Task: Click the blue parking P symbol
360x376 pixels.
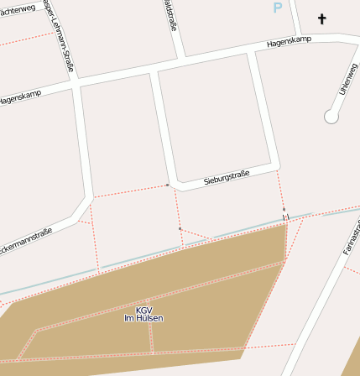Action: [278, 8]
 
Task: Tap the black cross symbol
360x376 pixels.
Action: [321, 18]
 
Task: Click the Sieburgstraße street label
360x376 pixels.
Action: [227, 178]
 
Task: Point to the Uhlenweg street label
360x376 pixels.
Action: [347, 79]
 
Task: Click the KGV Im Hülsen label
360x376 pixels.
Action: [143, 314]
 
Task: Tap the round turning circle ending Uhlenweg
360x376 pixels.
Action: [331, 117]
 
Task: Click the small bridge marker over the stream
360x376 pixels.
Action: [285, 218]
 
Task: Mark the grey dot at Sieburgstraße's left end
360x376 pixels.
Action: [167, 185]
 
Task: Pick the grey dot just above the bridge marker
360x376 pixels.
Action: [284, 208]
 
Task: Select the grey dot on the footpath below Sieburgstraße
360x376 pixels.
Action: [180, 227]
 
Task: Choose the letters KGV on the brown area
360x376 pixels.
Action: [143, 310]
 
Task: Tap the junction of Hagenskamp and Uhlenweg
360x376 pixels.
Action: [340, 38]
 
